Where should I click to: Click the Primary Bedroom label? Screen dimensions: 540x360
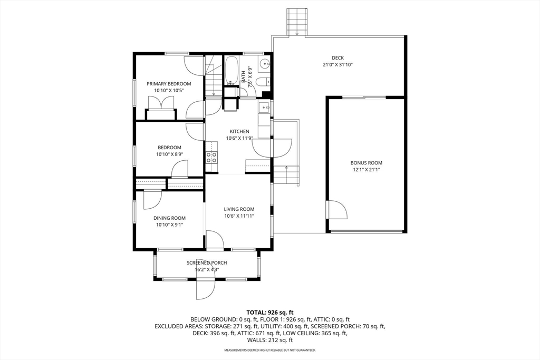click(169, 84)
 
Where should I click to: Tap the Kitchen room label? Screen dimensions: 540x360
click(239, 131)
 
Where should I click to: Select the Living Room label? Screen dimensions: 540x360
click(239, 209)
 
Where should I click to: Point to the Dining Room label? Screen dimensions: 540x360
click(169, 218)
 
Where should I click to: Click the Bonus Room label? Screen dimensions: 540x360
click(367, 163)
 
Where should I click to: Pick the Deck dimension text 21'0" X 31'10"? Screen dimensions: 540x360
click(338, 64)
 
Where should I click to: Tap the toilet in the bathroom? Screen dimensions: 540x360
click(264, 82)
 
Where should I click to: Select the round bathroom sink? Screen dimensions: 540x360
click(265, 64)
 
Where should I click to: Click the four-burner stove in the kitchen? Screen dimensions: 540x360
click(211, 157)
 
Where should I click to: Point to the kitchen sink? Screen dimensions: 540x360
click(265, 108)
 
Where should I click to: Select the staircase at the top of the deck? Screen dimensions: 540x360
click(296, 22)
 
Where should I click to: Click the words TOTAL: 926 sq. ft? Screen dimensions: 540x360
click(270, 313)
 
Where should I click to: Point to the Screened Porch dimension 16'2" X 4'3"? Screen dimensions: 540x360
click(207, 269)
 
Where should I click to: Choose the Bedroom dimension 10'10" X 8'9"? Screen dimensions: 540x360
click(169, 154)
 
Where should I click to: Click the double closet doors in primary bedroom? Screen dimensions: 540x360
click(161, 103)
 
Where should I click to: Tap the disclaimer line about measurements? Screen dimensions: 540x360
click(270, 351)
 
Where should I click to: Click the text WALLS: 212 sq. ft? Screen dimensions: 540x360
click(270, 340)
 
